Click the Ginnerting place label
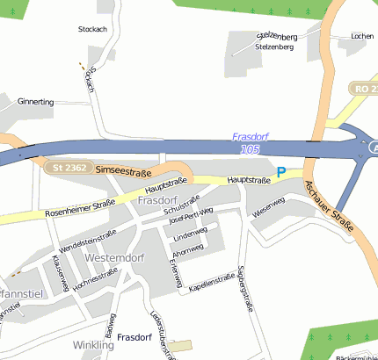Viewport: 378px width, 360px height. [x=36, y=102]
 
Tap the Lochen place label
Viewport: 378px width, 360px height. [x=361, y=36]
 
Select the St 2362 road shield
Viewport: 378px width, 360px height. [x=69, y=167]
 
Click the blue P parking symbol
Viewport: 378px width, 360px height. [x=281, y=173]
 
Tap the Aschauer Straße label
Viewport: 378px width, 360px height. [x=332, y=208]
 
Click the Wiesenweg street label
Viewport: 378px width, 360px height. [x=268, y=207]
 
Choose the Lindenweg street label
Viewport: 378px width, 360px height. [x=190, y=234]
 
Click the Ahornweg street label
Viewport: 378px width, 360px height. [x=188, y=248]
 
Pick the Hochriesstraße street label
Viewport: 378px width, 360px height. [x=96, y=278]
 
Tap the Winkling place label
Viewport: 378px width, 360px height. [x=93, y=345]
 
